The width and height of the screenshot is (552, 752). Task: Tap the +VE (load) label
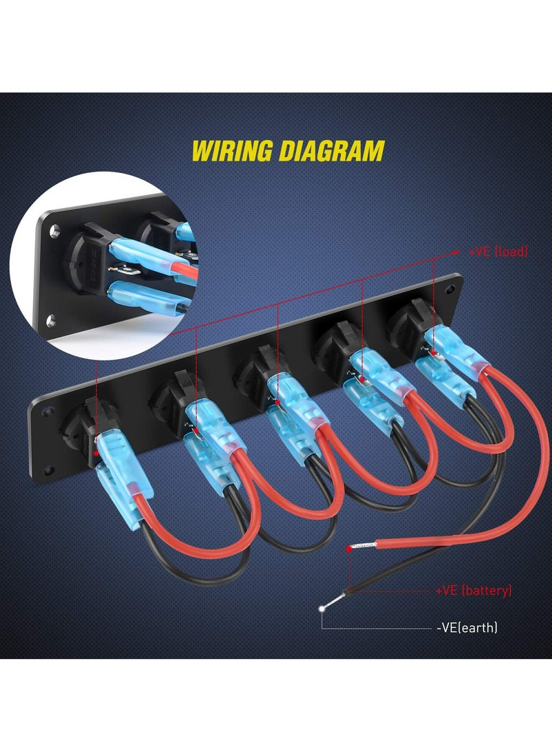(x=498, y=252)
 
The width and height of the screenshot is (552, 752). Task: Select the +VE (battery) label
(x=474, y=591)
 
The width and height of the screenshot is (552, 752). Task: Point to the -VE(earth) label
(x=467, y=627)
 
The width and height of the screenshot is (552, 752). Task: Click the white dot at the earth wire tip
(x=322, y=608)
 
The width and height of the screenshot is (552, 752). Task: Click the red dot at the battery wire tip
(x=348, y=549)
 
